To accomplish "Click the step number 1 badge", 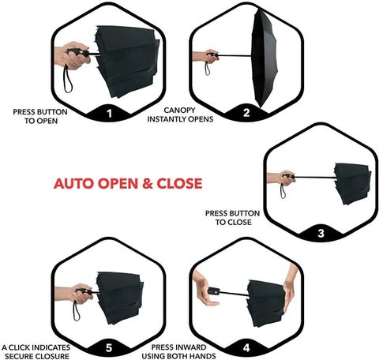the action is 109,114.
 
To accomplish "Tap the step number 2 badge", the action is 246,113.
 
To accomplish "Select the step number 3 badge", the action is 321,233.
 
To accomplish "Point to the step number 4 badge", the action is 246,348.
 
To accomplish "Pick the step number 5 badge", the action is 109,348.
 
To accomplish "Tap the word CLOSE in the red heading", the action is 180,183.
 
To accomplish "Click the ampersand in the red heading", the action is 148,183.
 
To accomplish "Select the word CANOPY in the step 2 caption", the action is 179,110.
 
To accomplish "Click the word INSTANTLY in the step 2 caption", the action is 166,119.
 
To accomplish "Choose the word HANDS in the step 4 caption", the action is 203,356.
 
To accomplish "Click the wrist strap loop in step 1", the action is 67,80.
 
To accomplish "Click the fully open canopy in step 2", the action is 264,58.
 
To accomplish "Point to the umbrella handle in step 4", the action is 212,291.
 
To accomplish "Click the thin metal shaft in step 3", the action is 315,177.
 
